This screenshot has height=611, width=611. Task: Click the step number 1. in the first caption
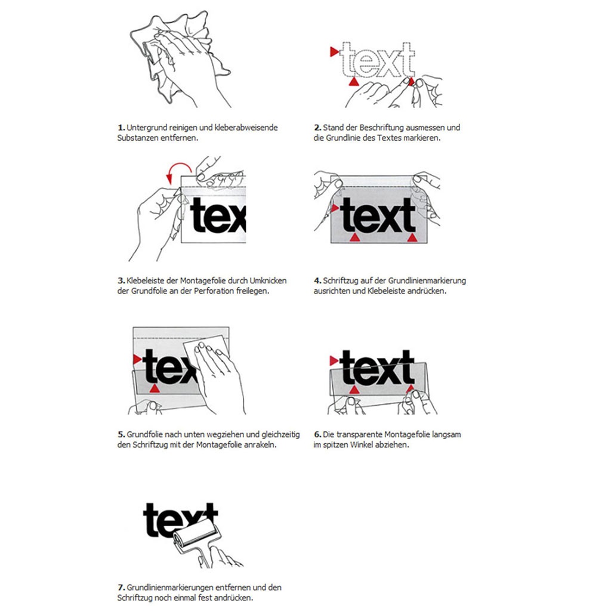121,128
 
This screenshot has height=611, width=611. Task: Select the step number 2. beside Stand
317,128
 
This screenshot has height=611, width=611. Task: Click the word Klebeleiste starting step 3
144,280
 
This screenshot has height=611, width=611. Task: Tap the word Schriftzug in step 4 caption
340,280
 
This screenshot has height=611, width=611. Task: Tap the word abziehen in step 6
394,445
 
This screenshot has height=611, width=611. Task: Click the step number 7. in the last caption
121,588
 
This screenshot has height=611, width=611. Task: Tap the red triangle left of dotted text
334,53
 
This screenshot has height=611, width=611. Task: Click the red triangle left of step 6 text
334,360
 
